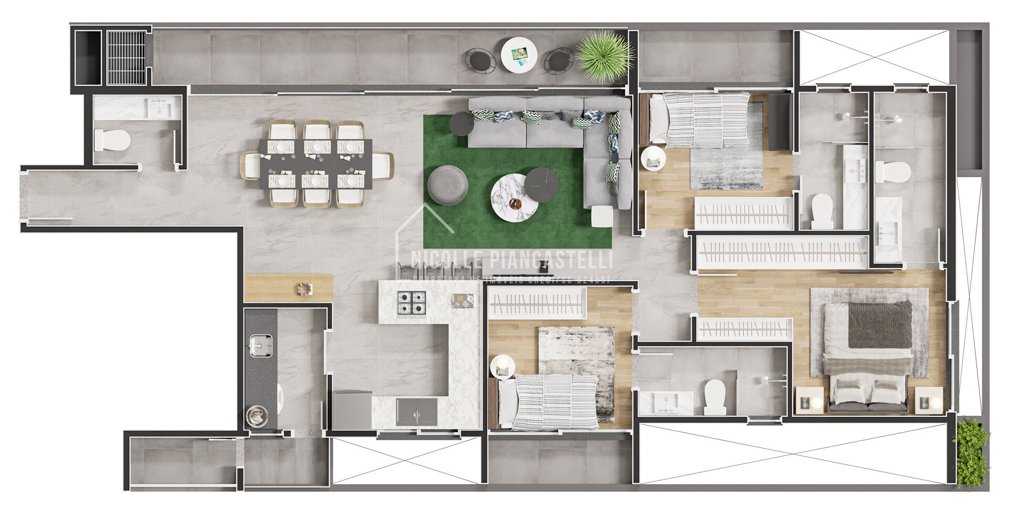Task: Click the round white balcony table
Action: point(519,54)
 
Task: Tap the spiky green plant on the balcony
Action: point(604,55)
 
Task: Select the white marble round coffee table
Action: point(514,198)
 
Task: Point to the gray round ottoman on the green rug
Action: point(447,185)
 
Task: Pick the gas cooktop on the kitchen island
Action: point(411,302)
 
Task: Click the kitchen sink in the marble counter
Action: point(417,412)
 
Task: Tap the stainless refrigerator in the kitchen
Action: point(352,410)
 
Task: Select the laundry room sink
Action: point(260,345)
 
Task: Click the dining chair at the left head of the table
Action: point(251,166)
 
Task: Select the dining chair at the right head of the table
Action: point(383,166)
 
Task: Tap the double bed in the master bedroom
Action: point(868,355)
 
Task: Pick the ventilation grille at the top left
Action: point(126,57)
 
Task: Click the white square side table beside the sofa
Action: point(602,216)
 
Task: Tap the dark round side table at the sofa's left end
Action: point(461,124)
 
